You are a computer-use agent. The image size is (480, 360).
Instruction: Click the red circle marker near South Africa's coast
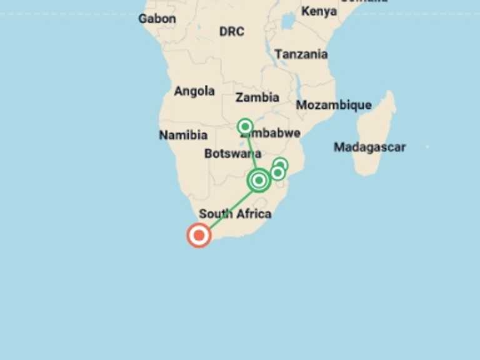199,235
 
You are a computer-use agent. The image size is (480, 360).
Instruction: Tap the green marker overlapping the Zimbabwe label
246,127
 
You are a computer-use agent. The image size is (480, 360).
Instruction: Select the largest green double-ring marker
259,181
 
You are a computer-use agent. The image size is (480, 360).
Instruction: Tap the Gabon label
157,18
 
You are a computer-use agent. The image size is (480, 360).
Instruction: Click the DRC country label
231,31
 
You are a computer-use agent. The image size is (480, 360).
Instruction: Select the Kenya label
319,11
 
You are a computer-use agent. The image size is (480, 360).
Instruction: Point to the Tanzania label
301,54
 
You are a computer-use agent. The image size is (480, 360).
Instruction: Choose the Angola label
194,91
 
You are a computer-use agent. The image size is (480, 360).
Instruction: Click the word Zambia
257,97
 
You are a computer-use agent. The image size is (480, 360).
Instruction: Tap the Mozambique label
334,105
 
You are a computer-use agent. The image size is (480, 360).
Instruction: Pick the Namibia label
183,135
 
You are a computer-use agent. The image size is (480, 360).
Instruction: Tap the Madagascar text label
369,147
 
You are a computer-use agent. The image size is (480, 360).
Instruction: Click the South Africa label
235,214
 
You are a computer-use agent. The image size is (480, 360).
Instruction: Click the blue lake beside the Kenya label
287,22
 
